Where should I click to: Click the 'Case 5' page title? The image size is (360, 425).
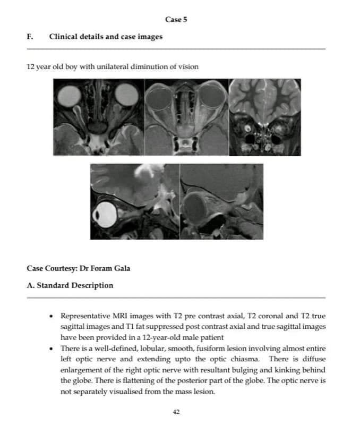pos(176,20)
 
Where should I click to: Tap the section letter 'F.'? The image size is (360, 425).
pos(30,37)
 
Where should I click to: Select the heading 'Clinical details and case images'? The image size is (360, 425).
pos(106,37)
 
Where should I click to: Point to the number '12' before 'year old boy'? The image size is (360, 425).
pos(31,67)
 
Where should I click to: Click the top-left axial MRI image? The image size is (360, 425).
pos(98,117)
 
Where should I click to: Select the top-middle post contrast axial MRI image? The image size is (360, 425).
pos(186,117)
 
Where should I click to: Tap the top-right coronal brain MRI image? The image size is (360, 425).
pos(264,117)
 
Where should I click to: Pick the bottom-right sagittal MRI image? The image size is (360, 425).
pos(221,201)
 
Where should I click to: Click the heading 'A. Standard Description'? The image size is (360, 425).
pos(70,285)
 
